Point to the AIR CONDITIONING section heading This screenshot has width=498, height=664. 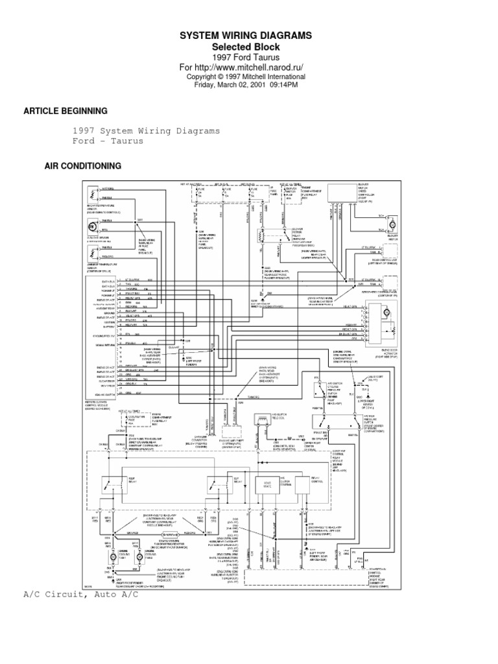click(x=82, y=166)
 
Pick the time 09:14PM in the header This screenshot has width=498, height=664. click(x=284, y=84)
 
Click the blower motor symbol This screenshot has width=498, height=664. click(x=392, y=224)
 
